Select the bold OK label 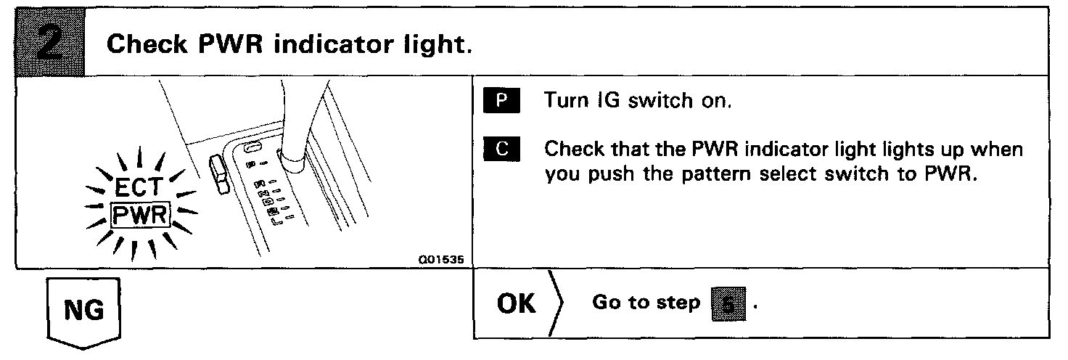coord(516,304)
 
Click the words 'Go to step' coord(646,304)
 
